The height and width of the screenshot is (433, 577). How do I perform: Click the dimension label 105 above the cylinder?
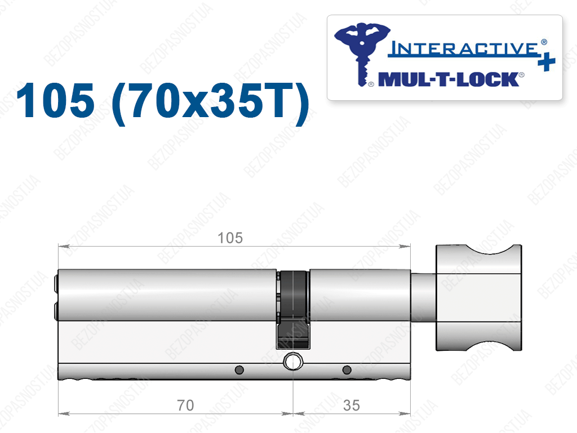point(230,238)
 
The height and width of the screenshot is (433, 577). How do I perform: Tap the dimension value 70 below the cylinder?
point(185,405)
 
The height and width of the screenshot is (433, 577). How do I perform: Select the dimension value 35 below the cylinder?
point(351,405)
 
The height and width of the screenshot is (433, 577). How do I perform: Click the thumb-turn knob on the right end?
point(479,298)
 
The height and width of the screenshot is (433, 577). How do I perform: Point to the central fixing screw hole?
point(293,361)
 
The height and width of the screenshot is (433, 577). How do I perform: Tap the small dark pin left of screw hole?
point(239,369)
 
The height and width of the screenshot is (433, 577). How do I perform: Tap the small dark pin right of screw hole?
point(347,369)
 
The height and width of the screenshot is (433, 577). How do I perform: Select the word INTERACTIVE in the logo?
point(465,48)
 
